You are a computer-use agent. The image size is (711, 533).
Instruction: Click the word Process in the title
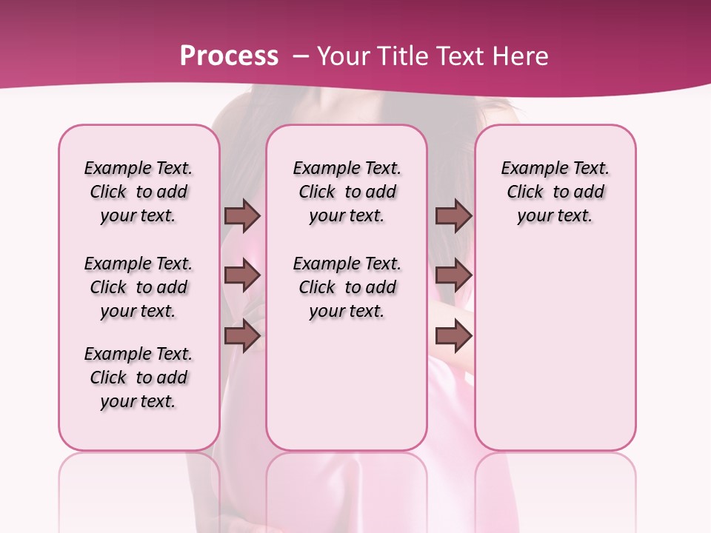(x=229, y=56)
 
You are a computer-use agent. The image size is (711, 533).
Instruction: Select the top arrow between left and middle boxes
(x=242, y=215)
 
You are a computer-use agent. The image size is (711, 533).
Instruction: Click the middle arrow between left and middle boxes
(x=242, y=276)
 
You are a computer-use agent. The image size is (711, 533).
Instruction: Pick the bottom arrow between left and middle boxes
(x=242, y=337)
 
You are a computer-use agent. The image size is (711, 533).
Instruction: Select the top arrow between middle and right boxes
(x=453, y=215)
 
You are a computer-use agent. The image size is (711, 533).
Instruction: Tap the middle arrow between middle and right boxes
(x=453, y=276)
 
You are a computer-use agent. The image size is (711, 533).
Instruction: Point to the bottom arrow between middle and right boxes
(x=453, y=337)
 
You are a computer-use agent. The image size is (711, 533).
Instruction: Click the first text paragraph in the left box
(x=138, y=192)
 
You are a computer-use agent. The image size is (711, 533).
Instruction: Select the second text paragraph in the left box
(x=138, y=287)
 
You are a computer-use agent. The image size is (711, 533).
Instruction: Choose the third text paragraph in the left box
(x=138, y=378)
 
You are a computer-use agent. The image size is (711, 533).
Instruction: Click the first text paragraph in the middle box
(x=347, y=192)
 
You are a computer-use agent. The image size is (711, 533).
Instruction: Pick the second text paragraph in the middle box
(x=347, y=287)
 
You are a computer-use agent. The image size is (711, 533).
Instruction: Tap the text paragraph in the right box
(x=555, y=192)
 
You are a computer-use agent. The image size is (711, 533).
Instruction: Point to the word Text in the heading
(x=463, y=56)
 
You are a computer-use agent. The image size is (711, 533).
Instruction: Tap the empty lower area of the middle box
(x=347, y=385)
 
